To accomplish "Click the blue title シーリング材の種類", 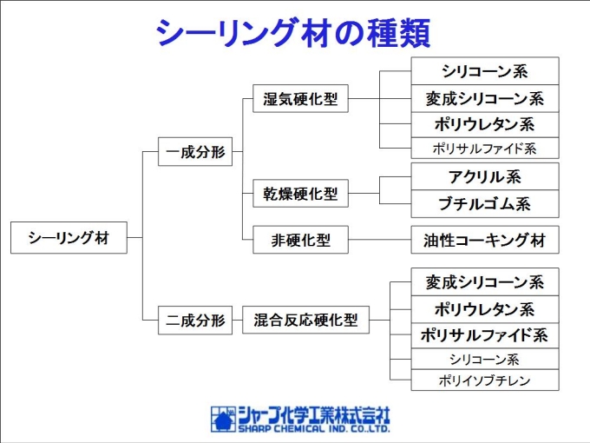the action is click(x=293, y=33).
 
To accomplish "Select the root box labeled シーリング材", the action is click(x=69, y=238).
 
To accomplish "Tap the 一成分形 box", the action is click(x=195, y=152).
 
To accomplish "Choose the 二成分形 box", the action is click(x=195, y=321).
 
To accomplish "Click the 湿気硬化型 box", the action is click(x=300, y=99).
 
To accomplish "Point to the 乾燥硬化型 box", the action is click(x=300, y=194).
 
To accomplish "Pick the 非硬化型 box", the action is click(x=300, y=240).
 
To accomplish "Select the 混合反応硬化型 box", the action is click(x=305, y=321).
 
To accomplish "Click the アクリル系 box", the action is click(x=485, y=176).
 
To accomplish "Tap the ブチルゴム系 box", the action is click(x=485, y=204).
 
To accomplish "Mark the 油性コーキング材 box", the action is click(x=485, y=240).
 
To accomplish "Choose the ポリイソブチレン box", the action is click(x=485, y=380).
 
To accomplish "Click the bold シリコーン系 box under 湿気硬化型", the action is click(x=485, y=71).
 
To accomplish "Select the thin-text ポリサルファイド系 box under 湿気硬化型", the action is click(x=485, y=148).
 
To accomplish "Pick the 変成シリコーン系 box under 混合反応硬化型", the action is click(x=485, y=282).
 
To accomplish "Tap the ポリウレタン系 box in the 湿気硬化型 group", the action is click(x=485, y=125).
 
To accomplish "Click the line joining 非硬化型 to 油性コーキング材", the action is click(x=380, y=240).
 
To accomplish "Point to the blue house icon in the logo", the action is click(x=223, y=420).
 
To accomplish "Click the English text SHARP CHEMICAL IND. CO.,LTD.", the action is click(x=314, y=429).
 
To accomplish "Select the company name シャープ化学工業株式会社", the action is click(x=314, y=415).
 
